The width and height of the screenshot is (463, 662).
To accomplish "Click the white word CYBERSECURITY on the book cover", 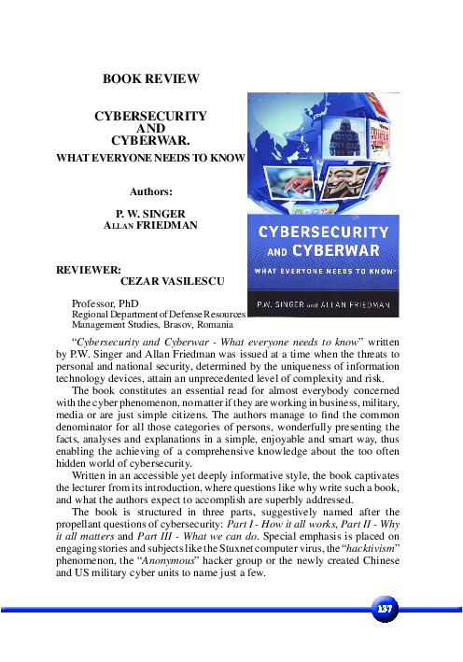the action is (x=322, y=231).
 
